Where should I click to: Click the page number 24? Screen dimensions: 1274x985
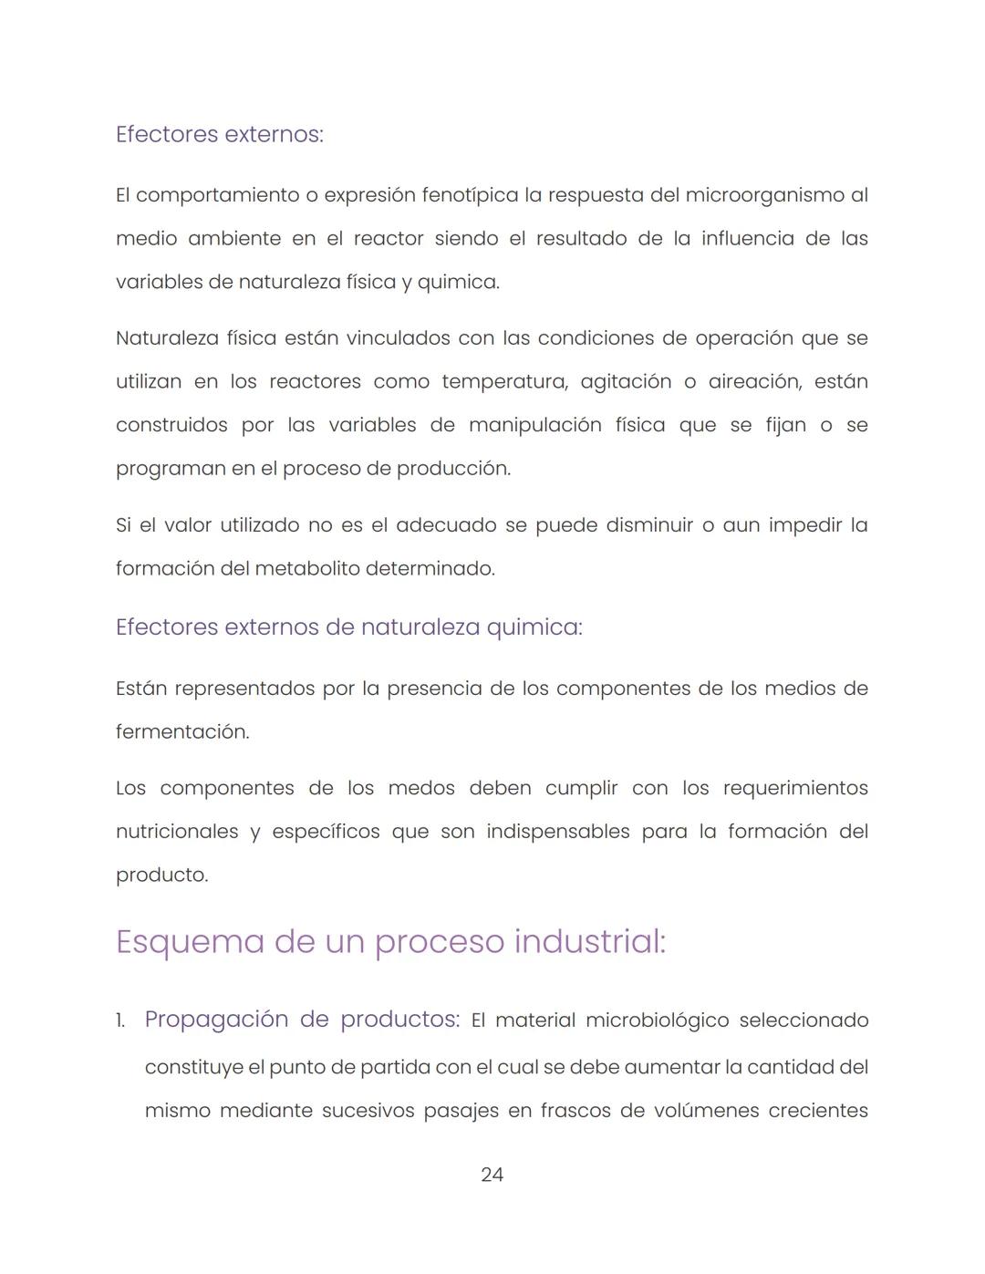pos(492,1175)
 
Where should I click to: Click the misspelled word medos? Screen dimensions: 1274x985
pos(421,788)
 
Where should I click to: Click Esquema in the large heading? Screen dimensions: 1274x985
pos(190,941)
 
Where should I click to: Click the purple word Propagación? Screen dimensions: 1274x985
pos(215,1020)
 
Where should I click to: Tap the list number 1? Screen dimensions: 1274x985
pos(120,1020)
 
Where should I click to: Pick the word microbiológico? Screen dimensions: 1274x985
pos(657,1020)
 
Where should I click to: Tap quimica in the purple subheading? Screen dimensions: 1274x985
pos(533,627)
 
